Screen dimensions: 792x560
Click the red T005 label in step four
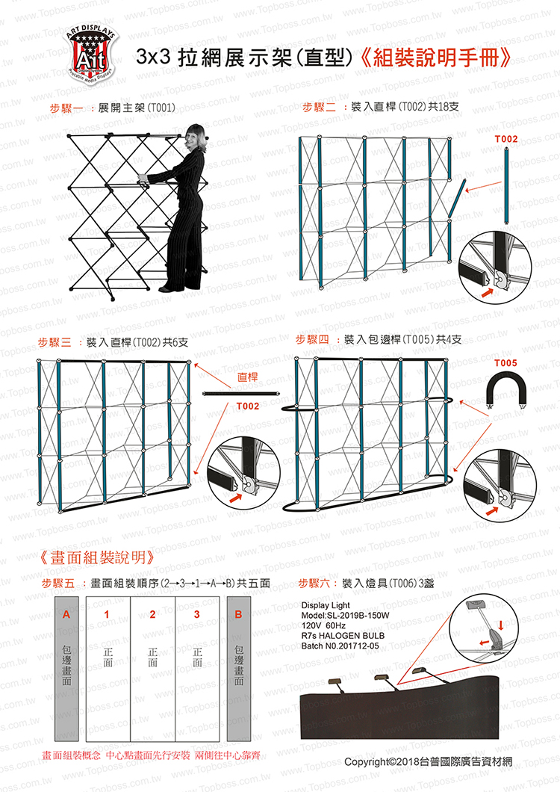[505, 363]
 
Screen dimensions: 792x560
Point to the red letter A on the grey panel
[66, 615]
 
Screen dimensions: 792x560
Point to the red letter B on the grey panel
[238, 615]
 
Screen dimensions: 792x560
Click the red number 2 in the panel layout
[152, 615]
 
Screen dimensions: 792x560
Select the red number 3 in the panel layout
[197, 615]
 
